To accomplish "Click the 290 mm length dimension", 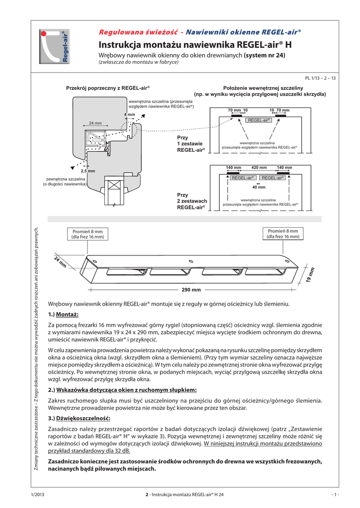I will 191,289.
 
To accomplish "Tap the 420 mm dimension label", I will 259,167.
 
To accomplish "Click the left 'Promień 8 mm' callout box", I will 87,234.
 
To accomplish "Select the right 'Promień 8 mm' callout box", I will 283,234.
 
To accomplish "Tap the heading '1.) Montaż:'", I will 63,314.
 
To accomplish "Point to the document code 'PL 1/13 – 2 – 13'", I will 321,78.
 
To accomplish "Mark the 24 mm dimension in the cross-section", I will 95,123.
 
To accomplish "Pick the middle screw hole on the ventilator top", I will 191,261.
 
